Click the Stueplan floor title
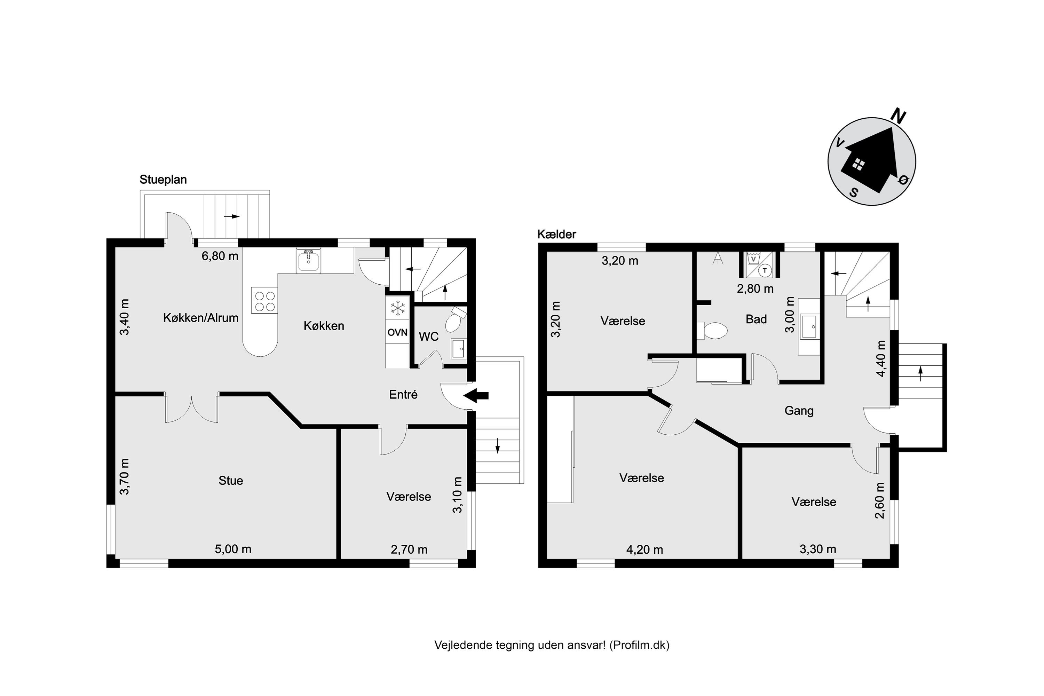[163, 180]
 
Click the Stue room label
[231, 481]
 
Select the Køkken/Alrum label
[201, 318]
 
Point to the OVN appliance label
[397, 332]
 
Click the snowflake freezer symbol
[398, 308]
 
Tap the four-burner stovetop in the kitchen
[264, 301]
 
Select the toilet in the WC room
[455, 319]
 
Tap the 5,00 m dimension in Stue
[233, 549]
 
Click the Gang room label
[799, 411]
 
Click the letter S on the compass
[854, 193]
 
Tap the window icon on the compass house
[859, 165]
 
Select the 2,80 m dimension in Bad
[755, 289]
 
